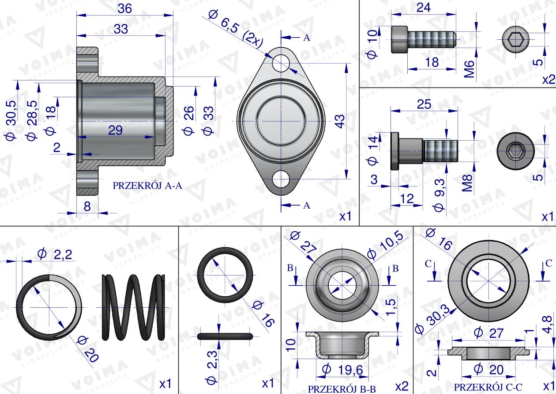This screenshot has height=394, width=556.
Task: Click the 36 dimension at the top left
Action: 124,9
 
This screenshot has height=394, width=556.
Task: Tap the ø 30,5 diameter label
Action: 11,120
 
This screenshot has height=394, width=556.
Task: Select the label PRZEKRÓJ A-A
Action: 147,186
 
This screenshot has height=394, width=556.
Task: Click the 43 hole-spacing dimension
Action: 341,121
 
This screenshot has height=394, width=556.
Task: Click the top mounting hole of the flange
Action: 281,63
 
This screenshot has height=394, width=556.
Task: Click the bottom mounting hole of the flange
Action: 281,179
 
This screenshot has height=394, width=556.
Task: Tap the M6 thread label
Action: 469,69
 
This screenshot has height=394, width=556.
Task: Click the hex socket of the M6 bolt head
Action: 515,39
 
